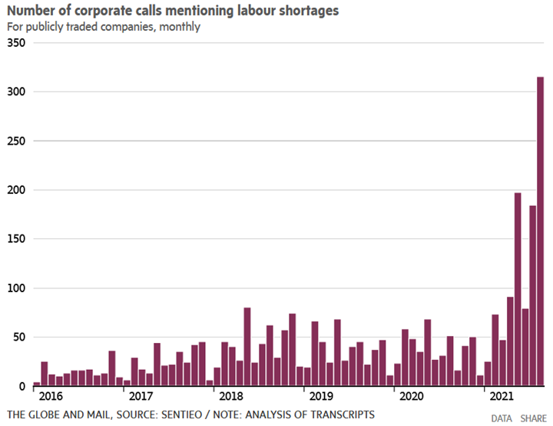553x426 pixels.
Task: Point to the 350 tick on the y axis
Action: click(17, 43)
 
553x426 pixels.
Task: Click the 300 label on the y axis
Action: click(17, 92)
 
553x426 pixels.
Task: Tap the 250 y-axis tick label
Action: click(17, 141)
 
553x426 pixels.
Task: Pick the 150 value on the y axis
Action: click(17, 239)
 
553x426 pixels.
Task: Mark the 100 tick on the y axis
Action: click(17, 288)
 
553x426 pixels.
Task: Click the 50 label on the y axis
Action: click(20, 338)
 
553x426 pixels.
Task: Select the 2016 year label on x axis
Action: click(50, 397)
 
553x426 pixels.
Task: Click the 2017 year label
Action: click(140, 397)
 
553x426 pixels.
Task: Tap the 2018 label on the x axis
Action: click(230, 397)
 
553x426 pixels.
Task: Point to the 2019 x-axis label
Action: click(320, 397)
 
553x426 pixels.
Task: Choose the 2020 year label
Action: click(410, 397)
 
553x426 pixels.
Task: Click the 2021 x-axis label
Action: click(500, 397)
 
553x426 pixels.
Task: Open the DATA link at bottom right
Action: click(502, 418)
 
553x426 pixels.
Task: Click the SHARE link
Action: click(534, 418)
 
